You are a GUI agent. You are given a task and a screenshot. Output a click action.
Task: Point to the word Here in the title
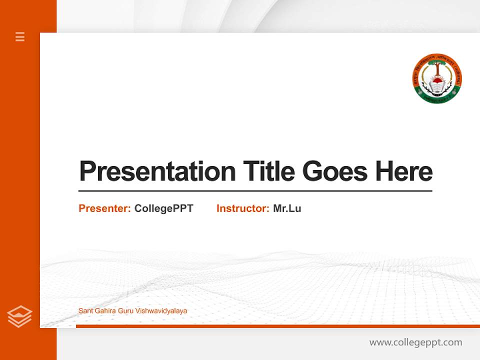tap(404, 171)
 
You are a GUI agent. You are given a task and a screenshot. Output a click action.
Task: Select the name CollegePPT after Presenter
tap(164, 208)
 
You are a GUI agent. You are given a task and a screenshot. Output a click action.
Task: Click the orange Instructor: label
tap(243, 208)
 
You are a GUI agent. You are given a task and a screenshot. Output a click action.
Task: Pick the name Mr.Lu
tap(287, 208)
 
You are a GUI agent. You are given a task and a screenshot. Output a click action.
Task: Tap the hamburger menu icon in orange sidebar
tap(20, 36)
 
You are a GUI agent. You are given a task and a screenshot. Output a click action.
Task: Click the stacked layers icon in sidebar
tap(20, 316)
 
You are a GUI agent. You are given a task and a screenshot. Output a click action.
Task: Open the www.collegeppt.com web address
tap(415, 342)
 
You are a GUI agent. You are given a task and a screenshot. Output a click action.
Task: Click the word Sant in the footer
tap(84, 311)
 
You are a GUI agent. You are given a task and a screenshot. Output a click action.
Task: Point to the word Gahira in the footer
tap(103, 311)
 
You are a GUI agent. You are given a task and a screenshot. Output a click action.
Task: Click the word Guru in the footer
tap(124, 311)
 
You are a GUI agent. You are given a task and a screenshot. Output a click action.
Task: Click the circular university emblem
tap(437, 79)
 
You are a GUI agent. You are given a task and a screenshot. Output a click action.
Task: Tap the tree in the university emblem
tap(437, 67)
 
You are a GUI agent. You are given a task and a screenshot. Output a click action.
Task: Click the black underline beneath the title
tap(255, 191)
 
